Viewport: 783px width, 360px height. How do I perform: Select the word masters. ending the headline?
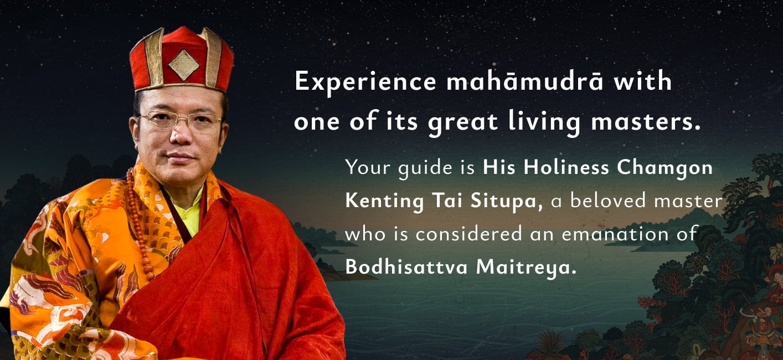click(x=646, y=121)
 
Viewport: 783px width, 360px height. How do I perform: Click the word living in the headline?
click(x=544, y=123)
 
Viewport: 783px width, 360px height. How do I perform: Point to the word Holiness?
click(x=566, y=167)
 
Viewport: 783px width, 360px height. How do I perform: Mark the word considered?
click(x=469, y=234)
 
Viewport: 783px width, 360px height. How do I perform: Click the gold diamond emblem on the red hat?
click(x=183, y=65)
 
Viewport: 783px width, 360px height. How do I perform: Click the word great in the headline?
click(x=462, y=123)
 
